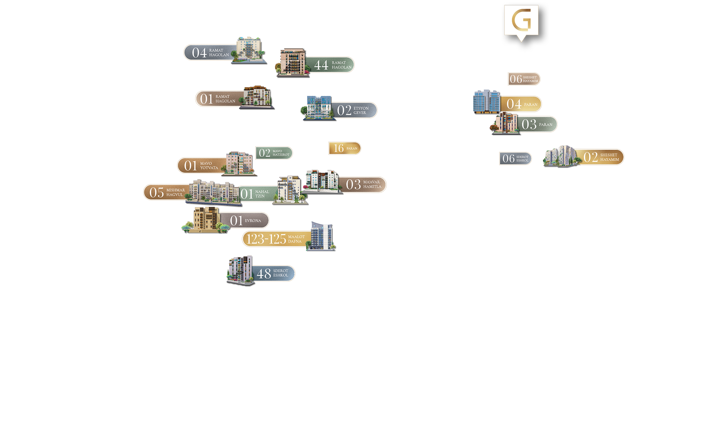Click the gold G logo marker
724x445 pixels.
[521, 20]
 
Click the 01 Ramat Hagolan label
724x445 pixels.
[219, 99]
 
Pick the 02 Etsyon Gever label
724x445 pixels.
[355, 110]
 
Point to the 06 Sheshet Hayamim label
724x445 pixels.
[524, 79]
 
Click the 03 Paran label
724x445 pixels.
[537, 124]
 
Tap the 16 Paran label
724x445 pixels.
[345, 148]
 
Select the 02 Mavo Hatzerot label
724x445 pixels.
[274, 153]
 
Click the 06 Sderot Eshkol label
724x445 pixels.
[515, 159]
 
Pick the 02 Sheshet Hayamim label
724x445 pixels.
[601, 157]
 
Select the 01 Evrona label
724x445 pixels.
[245, 220]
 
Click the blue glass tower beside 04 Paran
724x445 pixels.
[486, 101]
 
